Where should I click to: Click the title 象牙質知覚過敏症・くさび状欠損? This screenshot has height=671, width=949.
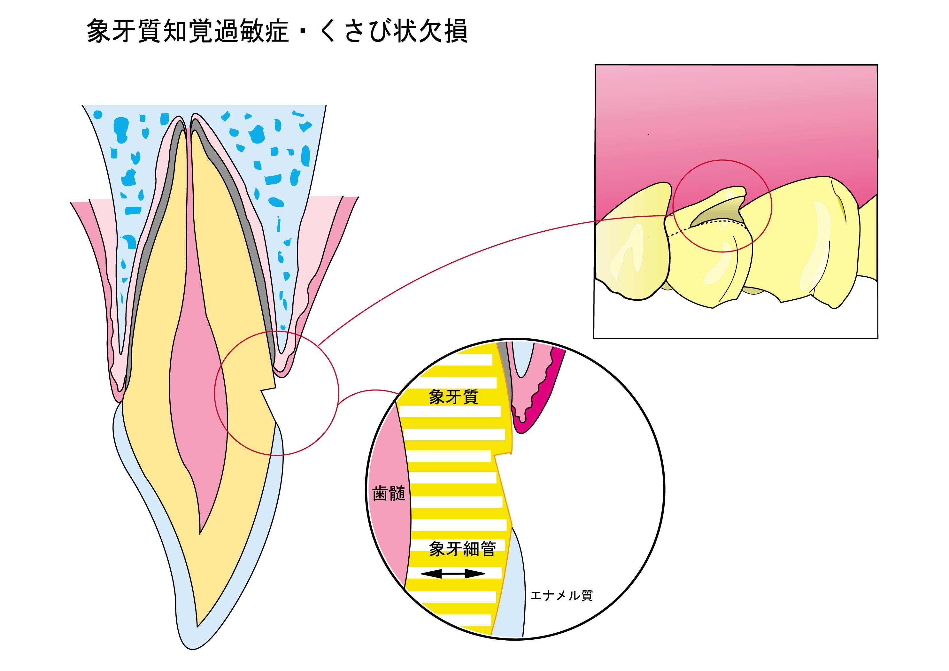[277, 31]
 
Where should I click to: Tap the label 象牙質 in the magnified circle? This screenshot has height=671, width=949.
[453, 397]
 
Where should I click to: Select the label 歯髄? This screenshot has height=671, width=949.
[389, 494]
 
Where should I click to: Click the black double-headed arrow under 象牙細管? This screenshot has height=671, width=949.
[453, 574]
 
